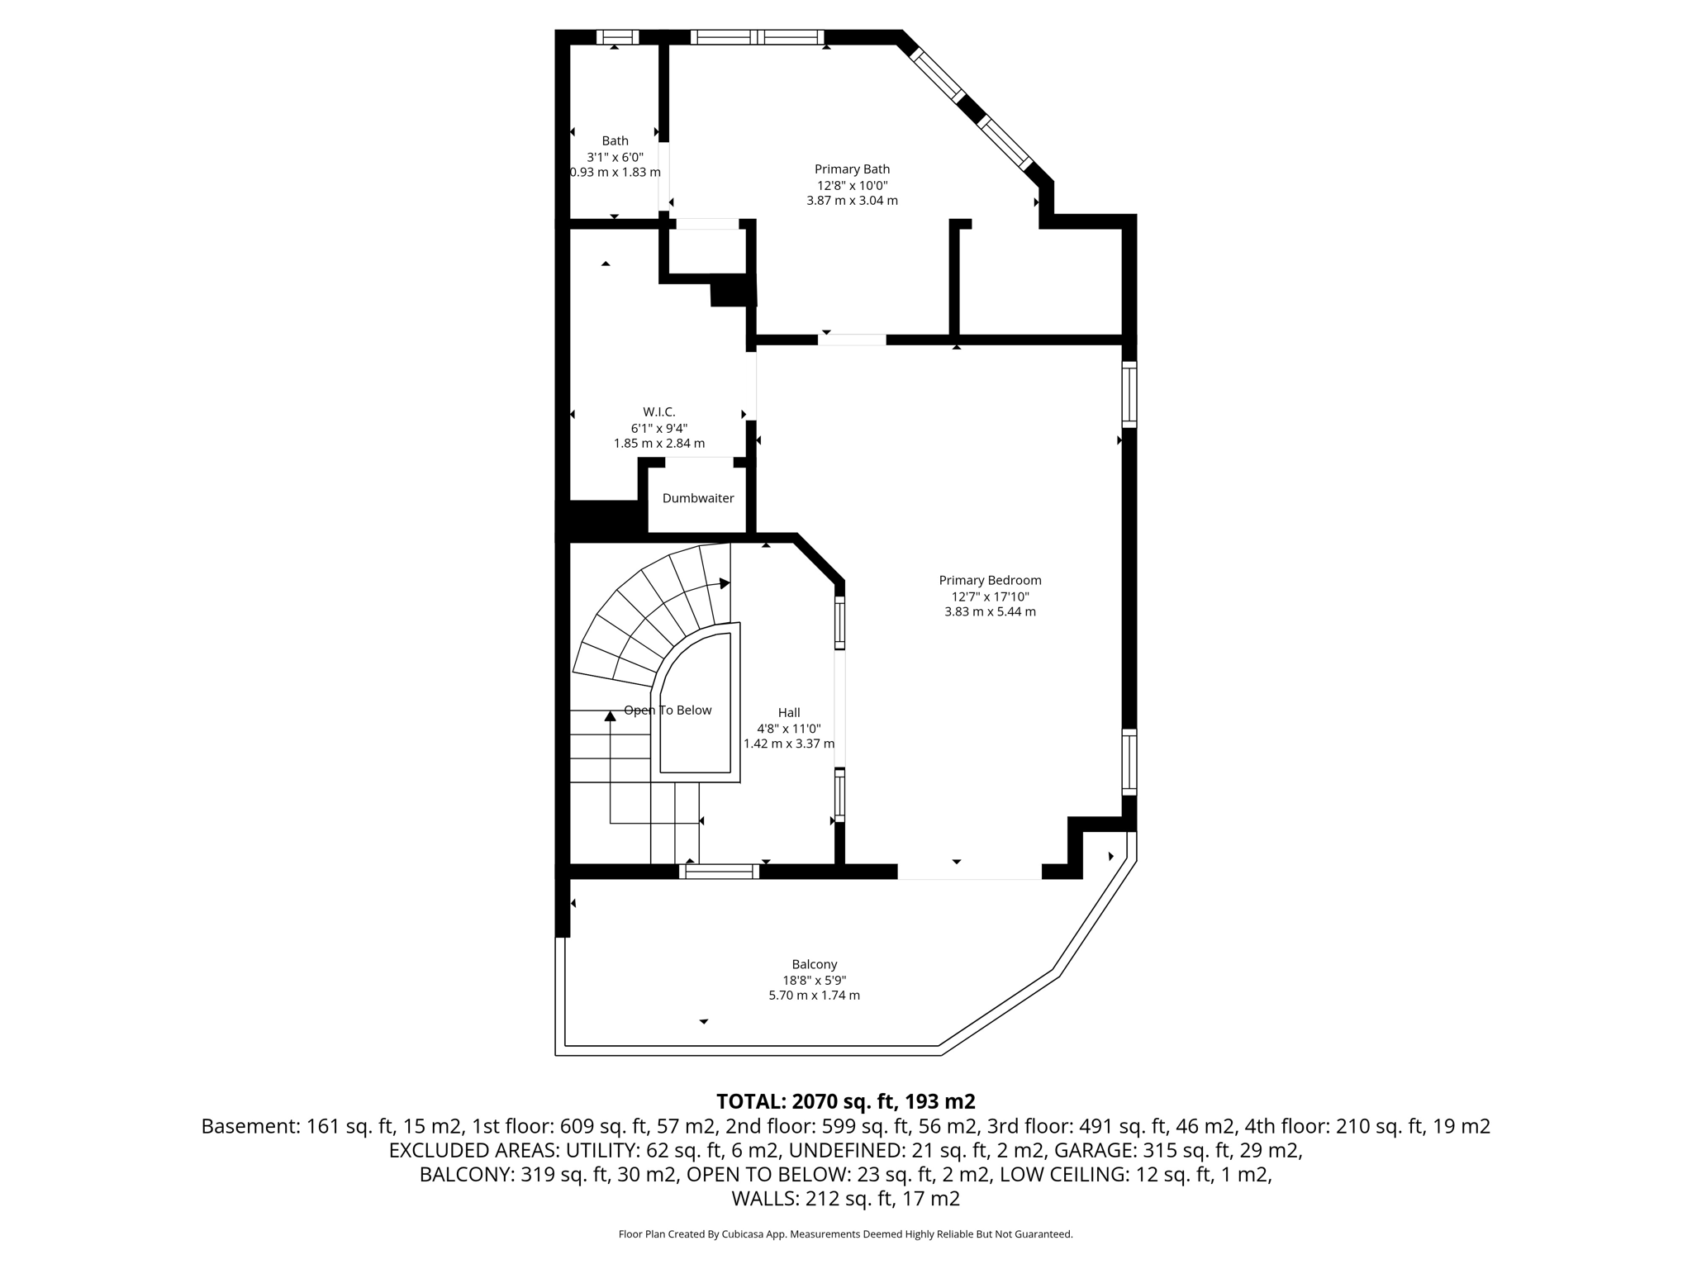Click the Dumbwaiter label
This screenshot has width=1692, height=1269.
point(698,498)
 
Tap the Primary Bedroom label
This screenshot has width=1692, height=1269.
point(990,580)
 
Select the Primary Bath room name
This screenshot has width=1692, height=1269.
point(852,169)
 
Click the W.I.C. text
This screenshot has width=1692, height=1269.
point(658,411)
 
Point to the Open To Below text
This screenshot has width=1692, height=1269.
point(668,711)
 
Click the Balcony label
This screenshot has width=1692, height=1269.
point(814,964)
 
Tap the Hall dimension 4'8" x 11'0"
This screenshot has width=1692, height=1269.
point(788,729)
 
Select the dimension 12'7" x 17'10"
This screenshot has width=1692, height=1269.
point(990,596)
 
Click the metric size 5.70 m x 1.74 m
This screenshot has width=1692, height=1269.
point(814,996)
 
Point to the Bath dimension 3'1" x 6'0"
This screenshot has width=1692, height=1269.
point(615,157)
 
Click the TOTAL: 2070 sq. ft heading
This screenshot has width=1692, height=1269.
point(845,1101)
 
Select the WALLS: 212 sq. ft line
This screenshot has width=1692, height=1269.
point(845,1199)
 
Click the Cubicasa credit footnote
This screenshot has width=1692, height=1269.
point(845,1234)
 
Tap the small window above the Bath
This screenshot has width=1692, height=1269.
point(617,37)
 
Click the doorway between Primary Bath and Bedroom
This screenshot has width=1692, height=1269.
point(852,340)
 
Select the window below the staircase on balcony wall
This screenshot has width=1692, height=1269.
point(722,871)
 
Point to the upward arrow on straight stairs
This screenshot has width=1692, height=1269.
point(611,717)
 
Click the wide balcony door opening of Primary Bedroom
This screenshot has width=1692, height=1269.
point(969,872)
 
